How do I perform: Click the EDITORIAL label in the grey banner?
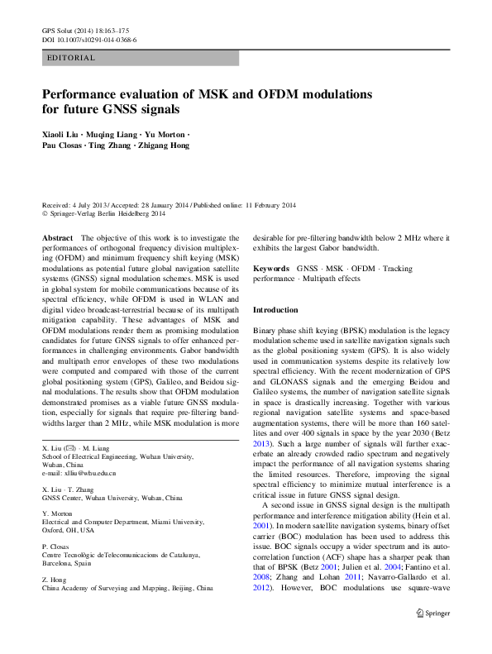click(73, 58)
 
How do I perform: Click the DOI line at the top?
click(89, 39)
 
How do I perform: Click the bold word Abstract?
click(57, 237)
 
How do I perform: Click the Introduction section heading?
click(275, 310)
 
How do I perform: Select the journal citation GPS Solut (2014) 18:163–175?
click(85, 31)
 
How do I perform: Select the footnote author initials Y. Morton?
click(60, 513)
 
